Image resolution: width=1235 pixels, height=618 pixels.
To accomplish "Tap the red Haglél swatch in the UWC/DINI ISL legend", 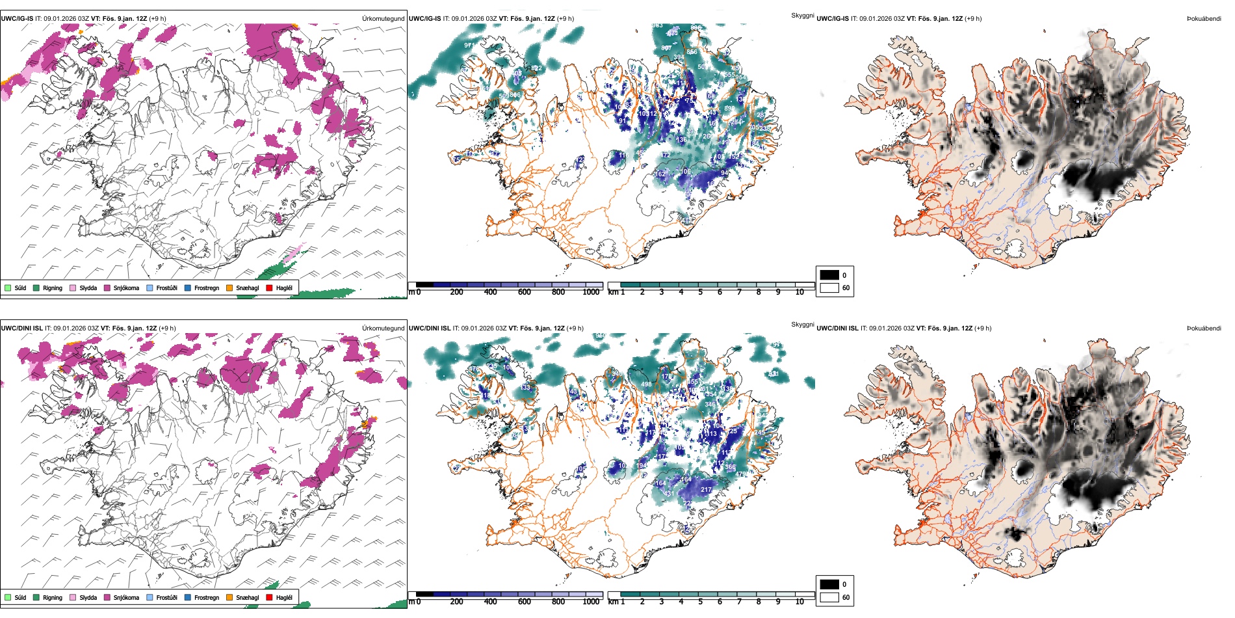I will pyautogui.click(x=269, y=597).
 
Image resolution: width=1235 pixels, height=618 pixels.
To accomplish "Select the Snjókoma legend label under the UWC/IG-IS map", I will pyautogui.click(x=126, y=288).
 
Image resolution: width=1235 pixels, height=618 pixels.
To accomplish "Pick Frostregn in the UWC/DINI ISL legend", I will pyautogui.click(x=206, y=597).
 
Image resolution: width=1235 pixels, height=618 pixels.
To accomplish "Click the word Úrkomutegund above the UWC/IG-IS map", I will pyautogui.click(x=383, y=19).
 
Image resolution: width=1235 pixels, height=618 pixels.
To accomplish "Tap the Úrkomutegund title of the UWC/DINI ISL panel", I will pyautogui.click(x=383, y=329).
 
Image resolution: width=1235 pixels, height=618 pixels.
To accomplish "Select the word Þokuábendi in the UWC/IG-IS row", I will pyautogui.click(x=1204, y=19).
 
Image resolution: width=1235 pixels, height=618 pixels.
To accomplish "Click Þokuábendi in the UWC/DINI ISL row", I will pyautogui.click(x=1204, y=329).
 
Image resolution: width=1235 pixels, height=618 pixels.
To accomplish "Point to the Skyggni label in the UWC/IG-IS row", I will pyautogui.click(x=802, y=15).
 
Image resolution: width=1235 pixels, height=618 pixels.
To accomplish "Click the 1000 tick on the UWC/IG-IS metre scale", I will pyautogui.click(x=591, y=292).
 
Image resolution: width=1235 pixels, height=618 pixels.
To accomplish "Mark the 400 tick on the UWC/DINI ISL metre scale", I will pyautogui.click(x=490, y=602).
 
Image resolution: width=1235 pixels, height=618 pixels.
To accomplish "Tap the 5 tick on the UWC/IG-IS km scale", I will pyautogui.click(x=700, y=292).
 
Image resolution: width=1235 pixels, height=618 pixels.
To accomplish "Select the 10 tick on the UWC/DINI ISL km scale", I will pyautogui.click(x=799, y=602).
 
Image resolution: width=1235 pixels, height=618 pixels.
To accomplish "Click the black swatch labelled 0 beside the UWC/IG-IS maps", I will pyautogui.click(x=829, y=275).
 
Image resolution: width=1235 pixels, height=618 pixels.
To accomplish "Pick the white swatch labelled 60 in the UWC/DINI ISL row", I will pyautogui.click(x=829, y=597).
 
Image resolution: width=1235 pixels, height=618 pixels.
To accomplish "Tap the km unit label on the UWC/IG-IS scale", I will pyautogui.click(x=613, y=292).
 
